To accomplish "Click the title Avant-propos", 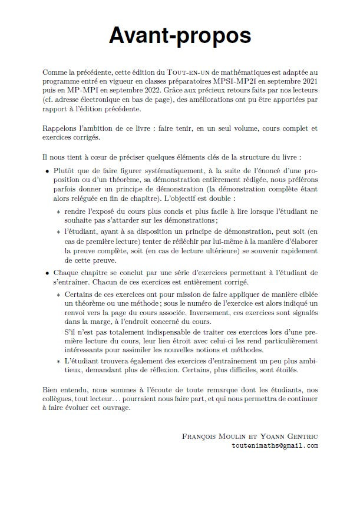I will pos(180,36).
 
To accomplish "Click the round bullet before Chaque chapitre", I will pos(48,273).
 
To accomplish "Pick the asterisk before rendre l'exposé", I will pos(58,212).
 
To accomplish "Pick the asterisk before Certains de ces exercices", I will pos(58,294).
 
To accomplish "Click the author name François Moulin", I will pos(209,436).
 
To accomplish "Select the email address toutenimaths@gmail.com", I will pos(275,445).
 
